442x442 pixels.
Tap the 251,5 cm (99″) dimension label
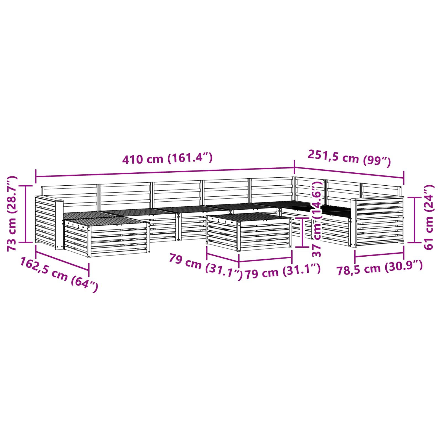click(349, 158)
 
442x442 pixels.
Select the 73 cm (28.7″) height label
click(12, 214)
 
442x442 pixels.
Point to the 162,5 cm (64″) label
click(59, 274)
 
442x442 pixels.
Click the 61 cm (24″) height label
click(428, 217)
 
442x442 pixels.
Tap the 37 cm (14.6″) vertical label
click(317, 219)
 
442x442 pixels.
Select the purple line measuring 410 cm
click(165, 172)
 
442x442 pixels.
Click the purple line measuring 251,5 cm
click(349, 173)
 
